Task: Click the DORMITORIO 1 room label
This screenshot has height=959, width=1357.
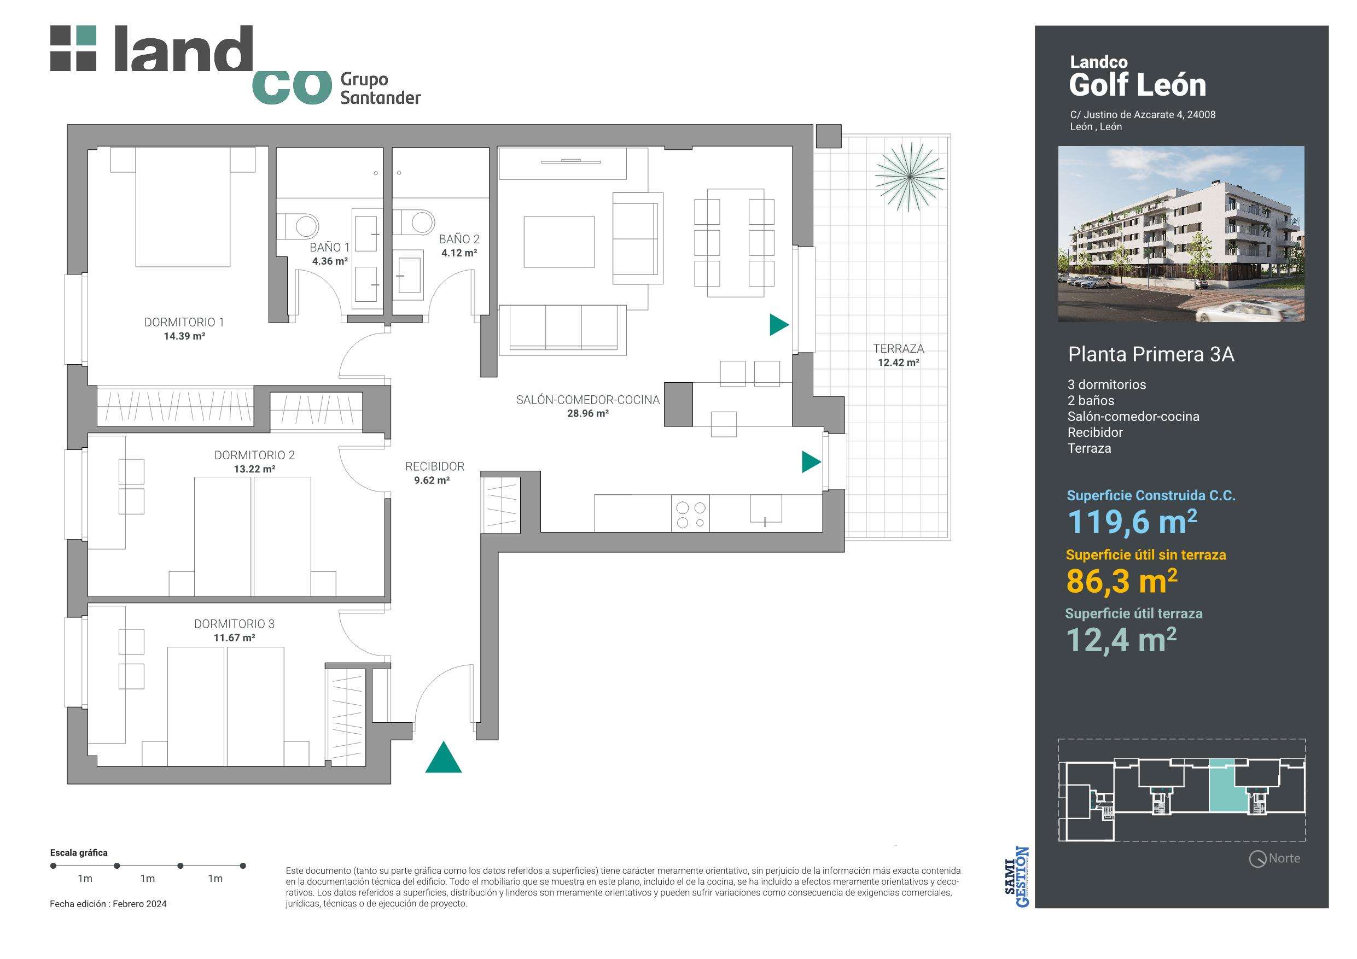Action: [184, 322]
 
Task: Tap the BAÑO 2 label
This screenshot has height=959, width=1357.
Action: [459, 239]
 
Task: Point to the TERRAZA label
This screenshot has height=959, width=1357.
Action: [898, 349]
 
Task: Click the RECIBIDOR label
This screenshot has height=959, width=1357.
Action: [434, 466]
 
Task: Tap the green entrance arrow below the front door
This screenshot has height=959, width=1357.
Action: [443, 757]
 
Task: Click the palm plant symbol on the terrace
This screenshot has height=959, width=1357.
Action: [910, 176]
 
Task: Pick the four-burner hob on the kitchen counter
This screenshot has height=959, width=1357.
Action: [690, 513]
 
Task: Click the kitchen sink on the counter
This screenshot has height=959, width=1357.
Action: [766, 508]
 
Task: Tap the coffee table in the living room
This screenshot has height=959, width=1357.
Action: [558, 242]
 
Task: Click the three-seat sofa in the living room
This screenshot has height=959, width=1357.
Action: [562, 330]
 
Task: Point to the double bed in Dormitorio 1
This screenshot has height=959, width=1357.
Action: [183, 207]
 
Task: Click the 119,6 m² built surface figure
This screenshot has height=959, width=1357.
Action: [1132, 522]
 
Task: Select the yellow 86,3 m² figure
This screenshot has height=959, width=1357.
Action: [1121, 581]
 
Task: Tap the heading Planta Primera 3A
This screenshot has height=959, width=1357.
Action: [1151, 354]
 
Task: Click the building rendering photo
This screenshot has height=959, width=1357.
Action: [1181, 234]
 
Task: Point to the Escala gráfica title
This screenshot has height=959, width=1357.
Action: [79, 852]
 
